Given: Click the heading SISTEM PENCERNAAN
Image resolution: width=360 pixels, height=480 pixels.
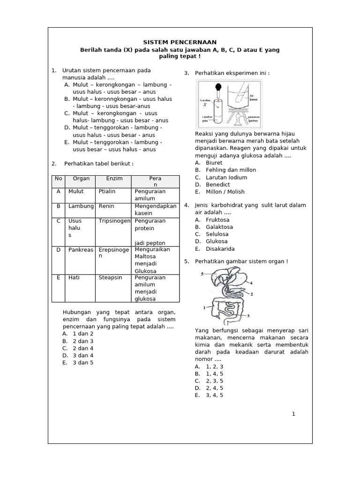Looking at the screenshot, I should coord(180,42).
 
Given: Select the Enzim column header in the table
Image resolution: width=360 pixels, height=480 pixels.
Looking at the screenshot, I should coord(114,179).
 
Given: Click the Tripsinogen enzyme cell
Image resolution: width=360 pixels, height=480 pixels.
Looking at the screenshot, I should coord(114,220).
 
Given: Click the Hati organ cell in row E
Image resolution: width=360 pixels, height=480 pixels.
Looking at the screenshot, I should coord(74,277).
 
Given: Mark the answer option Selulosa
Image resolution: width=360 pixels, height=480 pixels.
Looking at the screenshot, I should coord(217,234).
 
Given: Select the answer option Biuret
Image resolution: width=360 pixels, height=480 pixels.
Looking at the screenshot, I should coord(214,163).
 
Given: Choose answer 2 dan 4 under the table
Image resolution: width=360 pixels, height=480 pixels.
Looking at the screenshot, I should coord(83,348).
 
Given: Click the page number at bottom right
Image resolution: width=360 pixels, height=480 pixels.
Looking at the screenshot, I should coord(293,414).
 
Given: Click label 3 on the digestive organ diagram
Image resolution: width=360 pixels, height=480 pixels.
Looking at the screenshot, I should coord(248,316).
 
